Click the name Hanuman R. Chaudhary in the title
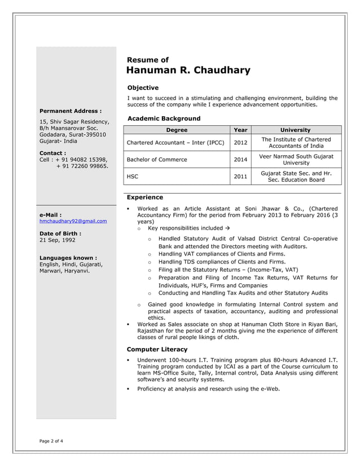pyautogui.click(x=188, y=71)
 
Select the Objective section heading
pyautogui.click(x=143, y=88)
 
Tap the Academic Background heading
pyautogui.click(x=164, y=118)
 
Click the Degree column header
pyautogui.click(x=177, y=130)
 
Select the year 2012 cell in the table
pyautogui.click(x=240, y=143)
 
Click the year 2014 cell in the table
pyautogui.click(x=240, y=160)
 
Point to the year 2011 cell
pyautogui.click(x=240, y=177)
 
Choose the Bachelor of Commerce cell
pyautogui.click(x=157, y=160)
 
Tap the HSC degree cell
pyautogui.click(x=132, y=177)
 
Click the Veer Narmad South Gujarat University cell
pyautogui.click(x=296, y=160)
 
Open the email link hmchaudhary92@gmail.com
pyautogui.click(x=73, y=221)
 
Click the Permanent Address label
pyautogui.click(x=71, y=111)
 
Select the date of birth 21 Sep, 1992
pyautogui.click(x=57, y=240)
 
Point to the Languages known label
pyautogui.click(x=68, y=257)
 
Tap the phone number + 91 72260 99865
pyautogui.click(x=82, y=166)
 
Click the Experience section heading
pyautogui.click(x=145, y=197)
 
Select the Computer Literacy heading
pyautogui.click(x=157, y=350)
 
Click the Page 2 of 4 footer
pyautogui.click(x=51, y=441)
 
